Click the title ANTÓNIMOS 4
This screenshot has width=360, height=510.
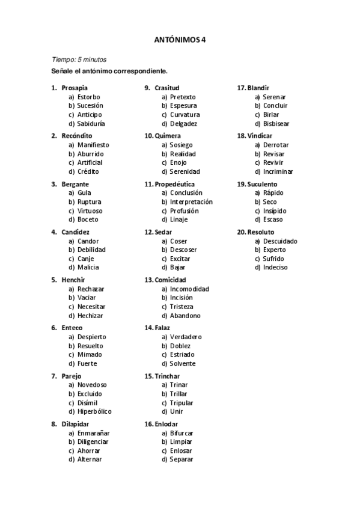(180, 40)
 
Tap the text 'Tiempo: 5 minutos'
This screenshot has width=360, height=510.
(79, 60)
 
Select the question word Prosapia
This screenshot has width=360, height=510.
(75, 88)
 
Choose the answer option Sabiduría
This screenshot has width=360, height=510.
(91, 123)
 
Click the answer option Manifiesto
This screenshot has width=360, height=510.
(93, 145)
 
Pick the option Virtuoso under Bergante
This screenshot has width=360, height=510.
(90, 211)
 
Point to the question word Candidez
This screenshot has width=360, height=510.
(75, 232)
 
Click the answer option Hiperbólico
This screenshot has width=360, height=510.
(94, 411)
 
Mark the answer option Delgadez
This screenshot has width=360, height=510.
(183, 123)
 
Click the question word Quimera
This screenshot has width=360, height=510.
(168, 136)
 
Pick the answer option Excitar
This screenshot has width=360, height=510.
(182, 259)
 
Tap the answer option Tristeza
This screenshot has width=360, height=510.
(182, 307)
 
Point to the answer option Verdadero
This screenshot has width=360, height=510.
(186, 337)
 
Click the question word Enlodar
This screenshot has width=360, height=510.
(166, 424)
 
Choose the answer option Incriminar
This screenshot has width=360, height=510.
(278, 171)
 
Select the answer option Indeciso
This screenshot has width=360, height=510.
(275, 267)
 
